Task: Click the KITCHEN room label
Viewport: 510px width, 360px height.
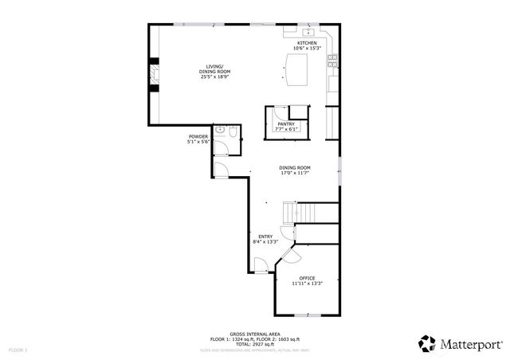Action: click(x=307, y=43)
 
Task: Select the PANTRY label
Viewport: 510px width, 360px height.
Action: click(x=286, y=124)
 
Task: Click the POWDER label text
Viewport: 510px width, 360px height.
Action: click(x=198, y=136)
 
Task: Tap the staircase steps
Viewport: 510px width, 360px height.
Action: click(x=310, y=213)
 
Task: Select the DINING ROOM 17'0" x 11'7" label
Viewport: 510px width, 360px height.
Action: click(x=294, y=170)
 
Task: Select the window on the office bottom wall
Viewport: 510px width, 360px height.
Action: click(x=308, y=316)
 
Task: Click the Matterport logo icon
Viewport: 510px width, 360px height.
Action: click(x=428, y=343)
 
